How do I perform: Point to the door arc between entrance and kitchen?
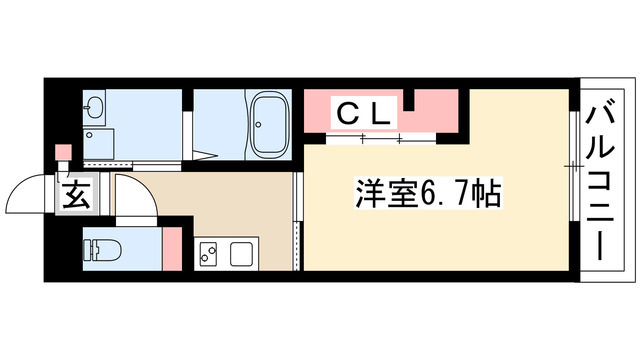[140, 196]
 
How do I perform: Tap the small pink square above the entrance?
[64, 153]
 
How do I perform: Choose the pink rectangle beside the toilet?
[172, 248]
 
